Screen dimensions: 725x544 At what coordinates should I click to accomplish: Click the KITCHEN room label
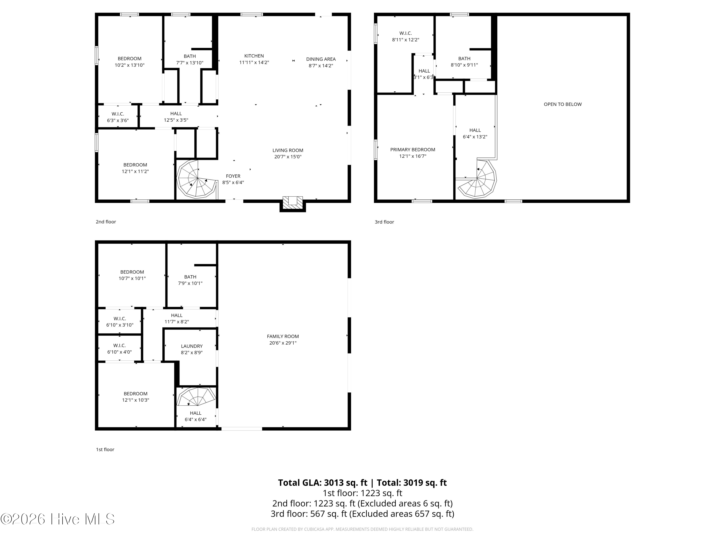[254, 56]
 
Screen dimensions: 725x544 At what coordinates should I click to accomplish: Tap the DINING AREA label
[321, 59]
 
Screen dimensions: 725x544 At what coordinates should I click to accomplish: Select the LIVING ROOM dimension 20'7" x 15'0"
[288, 157]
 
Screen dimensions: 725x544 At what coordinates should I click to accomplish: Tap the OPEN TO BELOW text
[563, 104]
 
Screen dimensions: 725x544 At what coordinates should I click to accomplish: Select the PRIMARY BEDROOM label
[413, 149]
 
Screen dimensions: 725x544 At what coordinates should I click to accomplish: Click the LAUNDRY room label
[192, 346]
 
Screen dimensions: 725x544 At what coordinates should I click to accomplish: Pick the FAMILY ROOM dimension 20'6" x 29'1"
[283, 343]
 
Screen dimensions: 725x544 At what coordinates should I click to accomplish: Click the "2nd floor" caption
[106, 222]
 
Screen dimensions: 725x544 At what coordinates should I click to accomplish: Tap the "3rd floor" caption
[384, 222]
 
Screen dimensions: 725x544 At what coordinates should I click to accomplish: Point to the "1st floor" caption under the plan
[105, 449]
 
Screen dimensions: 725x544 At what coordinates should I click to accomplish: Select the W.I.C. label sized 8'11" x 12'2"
[406, 33]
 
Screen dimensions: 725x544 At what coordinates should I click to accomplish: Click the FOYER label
[233, 176]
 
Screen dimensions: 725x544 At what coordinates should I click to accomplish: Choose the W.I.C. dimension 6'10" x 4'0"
[119, 352]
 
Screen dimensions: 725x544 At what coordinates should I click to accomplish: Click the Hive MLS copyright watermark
[58, 519]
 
